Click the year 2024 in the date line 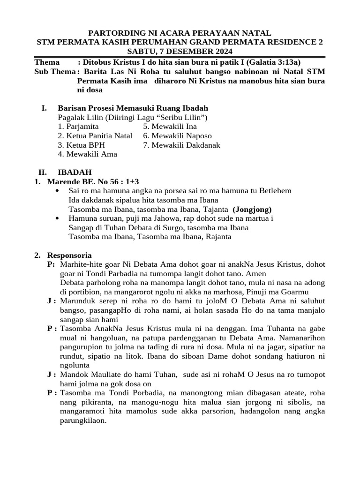[x=222, y=51]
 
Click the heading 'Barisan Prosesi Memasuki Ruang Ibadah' [x=133, y=108]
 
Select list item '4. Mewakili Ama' [x=88, y=154]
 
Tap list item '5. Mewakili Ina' [x=170, y=127]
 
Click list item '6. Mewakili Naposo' [x=178, y=136]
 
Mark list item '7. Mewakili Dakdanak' [x=182, y=145]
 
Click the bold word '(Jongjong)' [x=252, y=209]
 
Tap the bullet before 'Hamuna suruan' [x=58, y=218]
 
